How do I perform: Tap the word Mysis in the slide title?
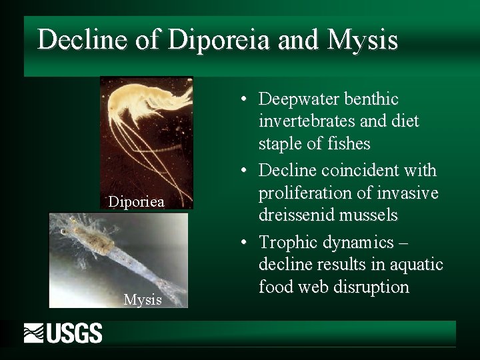(364, 41)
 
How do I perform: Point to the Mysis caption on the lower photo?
(143, 300)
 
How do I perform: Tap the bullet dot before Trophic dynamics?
(245, 241)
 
